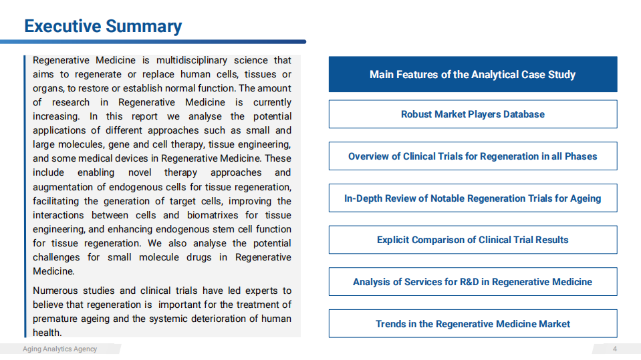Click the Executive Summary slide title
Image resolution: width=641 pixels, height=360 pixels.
[103, 26]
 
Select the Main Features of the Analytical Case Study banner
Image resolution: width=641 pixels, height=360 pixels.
[473, 74]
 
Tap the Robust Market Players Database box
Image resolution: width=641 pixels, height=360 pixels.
[473, 114]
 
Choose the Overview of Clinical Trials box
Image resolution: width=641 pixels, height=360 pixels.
[473, 156]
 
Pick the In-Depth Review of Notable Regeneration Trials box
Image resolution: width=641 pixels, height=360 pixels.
[473, 198]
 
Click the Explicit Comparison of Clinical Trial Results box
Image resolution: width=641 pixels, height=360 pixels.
[473, 240]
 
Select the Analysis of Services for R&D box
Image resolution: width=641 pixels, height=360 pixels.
[473, 282]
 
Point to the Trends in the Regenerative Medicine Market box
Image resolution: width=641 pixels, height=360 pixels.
[473, 324]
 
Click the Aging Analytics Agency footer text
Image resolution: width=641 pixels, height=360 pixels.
[59, 349]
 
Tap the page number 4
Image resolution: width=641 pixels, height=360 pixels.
[615, 349]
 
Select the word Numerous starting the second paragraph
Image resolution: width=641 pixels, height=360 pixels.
[55, 291]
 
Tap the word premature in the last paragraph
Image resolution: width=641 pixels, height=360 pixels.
[55, 319]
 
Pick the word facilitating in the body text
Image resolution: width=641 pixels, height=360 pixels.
[55, 201]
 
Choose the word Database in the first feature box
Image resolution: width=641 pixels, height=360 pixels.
[521, 114]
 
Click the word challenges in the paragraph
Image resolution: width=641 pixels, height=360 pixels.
[57, 257]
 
